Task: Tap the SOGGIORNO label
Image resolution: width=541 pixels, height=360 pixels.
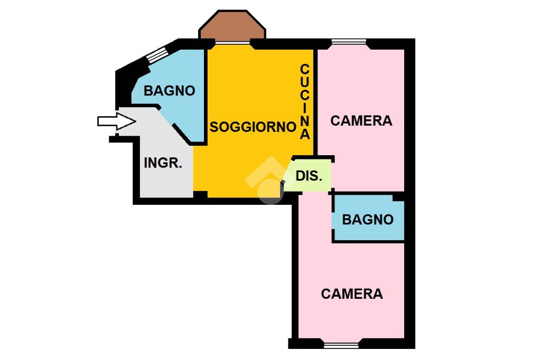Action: [x=253, y=127]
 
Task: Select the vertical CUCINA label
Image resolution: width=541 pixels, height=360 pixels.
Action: [x=305, y=101]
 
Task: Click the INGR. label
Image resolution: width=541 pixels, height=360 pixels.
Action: [x=163, y=163]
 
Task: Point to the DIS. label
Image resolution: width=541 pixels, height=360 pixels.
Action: [x=309, y=176]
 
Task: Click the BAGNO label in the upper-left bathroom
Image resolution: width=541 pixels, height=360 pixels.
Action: [x=169, y=91]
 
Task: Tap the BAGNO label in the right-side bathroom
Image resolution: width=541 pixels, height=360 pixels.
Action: [x=368, y=220]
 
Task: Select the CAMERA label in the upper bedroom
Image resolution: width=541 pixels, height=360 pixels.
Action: [x=361, y=121]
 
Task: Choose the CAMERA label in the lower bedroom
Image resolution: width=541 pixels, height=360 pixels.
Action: [x=352, y=294]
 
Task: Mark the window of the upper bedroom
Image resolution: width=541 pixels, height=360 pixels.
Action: [x=348, y=42]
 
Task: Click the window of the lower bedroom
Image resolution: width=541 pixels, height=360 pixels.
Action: [x=340, y=346]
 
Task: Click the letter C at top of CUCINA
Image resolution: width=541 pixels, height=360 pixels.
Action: [x=305, y=69]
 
